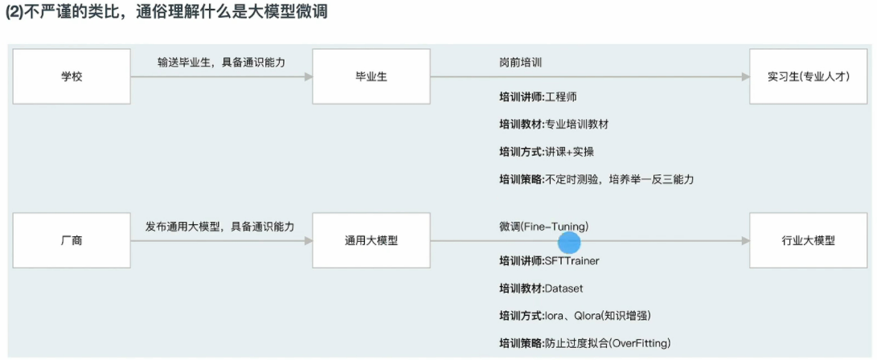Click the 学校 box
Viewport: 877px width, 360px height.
72,76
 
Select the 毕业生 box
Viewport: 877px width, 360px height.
371,76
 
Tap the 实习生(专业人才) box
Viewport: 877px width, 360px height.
808,76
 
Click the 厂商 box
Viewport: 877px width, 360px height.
72,240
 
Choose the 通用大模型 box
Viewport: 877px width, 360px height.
371,240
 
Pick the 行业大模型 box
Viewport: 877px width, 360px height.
808,240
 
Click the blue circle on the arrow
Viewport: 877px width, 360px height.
569,241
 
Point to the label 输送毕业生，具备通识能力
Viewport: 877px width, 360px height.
221,62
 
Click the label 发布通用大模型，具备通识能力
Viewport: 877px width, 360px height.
219,227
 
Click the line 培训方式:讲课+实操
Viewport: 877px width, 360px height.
547,152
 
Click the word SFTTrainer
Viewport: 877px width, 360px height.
572,261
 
